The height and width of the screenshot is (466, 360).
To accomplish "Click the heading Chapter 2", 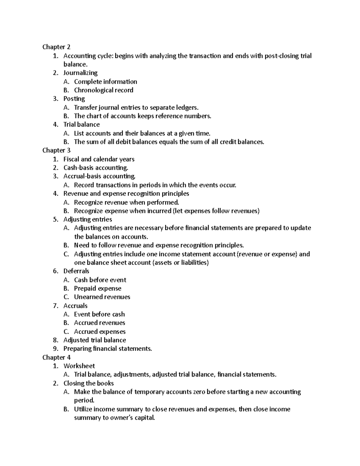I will click(x=56, y=47).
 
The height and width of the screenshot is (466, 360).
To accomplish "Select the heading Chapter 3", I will click(x=56, y=150).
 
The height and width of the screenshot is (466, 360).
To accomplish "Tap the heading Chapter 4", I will click(x=56, y=357).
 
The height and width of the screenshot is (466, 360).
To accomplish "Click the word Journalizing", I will click(x=80, y=73).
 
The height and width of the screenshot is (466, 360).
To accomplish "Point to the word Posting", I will click(x=74, y=99).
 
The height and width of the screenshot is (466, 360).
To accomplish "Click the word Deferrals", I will click(x=76, y=271).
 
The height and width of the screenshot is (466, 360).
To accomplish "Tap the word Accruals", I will click(x=75, y=306).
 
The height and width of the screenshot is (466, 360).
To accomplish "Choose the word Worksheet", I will click(x=79, y=366).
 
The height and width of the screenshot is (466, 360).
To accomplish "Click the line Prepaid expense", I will click(x=97, y=288).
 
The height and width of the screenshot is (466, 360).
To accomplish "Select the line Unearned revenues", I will click(x=102, y=297).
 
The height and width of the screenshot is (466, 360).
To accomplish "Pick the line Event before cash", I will click(x=99, y=314).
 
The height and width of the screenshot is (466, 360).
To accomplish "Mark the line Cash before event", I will click(x=100, y=280).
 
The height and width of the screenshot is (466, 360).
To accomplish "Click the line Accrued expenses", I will click(x=100, y=332).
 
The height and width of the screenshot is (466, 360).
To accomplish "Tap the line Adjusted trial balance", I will click(x=94, y=340).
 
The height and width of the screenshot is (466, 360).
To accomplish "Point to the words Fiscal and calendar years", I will click(x=99, y=159).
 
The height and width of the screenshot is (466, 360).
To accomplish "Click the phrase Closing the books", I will click(x=88, y=383).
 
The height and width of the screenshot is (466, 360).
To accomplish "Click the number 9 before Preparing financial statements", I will click(x=55, y=349).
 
